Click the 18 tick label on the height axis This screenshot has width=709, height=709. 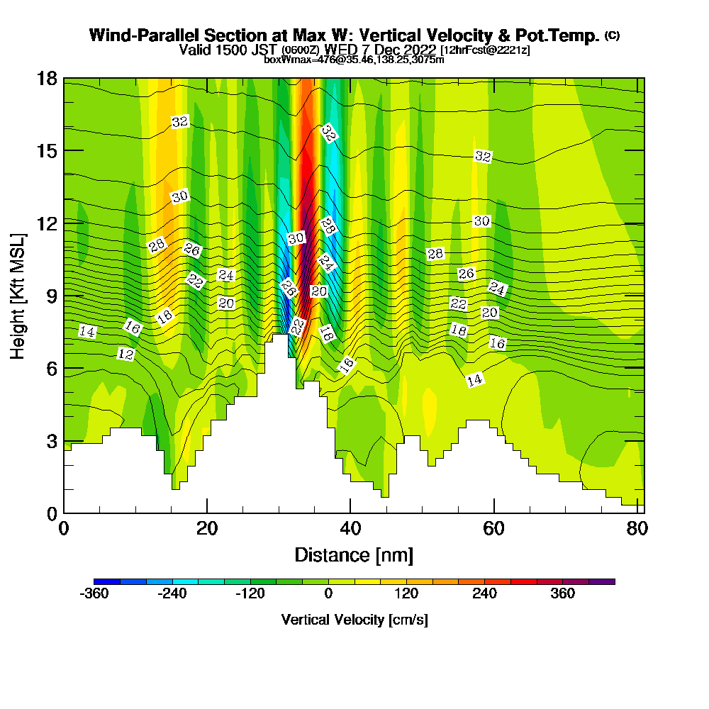click(46, 78)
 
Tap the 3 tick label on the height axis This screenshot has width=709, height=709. click(50, 440)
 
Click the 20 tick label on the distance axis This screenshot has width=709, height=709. click(206, 529)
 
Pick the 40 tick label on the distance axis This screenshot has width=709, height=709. click(350, 529)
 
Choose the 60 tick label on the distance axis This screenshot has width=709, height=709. click(493, 529)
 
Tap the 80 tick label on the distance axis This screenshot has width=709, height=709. click(636, 529)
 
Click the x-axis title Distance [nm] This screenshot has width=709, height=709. click(354, 554)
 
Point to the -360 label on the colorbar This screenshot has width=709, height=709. click(94, 594)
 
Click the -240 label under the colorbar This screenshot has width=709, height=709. click(172, 594)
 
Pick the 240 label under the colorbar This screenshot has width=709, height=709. click(485, 594)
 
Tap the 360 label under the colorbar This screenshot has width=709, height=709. click(563, 594)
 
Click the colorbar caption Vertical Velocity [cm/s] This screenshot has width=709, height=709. click(354, 620)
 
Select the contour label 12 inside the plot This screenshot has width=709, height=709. click(125, 354)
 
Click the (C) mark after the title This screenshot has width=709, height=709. click(612, 35)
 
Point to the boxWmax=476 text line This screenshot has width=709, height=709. click(354, 60)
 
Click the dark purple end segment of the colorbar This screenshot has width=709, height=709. click(602, 581)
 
